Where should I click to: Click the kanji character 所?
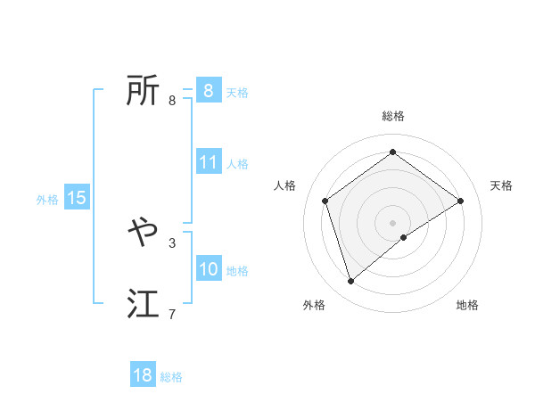click(143, 90)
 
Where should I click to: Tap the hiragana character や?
click(143, 234)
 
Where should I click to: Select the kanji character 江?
click(143, 305)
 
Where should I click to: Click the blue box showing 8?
click(208, 90)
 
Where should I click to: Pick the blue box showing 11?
click(209, 162)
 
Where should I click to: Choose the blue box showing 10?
click(209, 269)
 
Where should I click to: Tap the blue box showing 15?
click(77, 198)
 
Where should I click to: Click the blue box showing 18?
click(143, 375)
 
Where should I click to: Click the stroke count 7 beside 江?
click(172, 314)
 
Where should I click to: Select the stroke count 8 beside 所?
click(172, 100)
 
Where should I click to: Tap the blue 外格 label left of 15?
click(47, 200)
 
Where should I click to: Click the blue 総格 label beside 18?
click(171, 377)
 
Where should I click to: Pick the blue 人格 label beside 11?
click(237, 164)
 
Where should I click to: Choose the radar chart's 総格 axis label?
click(393, 116)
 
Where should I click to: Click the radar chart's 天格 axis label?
click(501, 185)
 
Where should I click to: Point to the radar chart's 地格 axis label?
click(467, 305)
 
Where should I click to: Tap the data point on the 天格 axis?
click(460, 201)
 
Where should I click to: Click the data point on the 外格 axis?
click(351, 282)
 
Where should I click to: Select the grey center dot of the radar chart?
click(393, 222)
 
